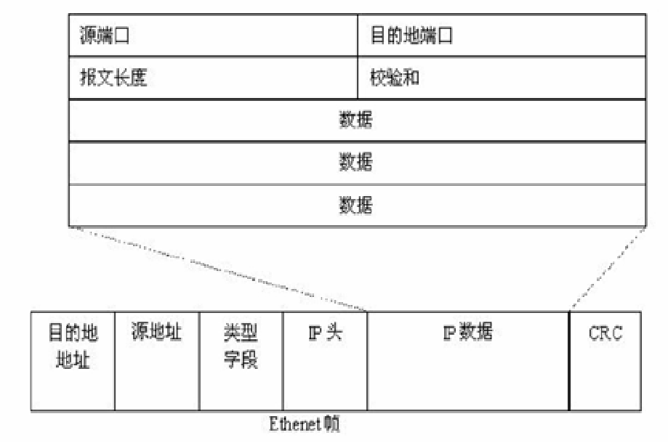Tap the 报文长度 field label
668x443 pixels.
pyautogui.click(x=114, y=78)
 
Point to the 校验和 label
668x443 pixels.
pyautogui.click(x=395, y=78)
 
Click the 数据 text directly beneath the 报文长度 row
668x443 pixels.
pyautogui.click(x=356, y=120)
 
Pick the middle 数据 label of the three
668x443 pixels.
pyautogui.click(x=356, y=162)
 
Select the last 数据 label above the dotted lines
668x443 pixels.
pyautogui.click(x=356, y=206)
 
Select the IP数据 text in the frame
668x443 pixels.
pyautogui.click(x=467, y=333)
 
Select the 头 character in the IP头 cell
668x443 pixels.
pyautogui.click(x=335, y=334)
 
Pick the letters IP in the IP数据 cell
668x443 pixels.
pyautogui.click(x=451, y=333)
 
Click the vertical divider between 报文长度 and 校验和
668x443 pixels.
pyautogui.click(x=358, y=78)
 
